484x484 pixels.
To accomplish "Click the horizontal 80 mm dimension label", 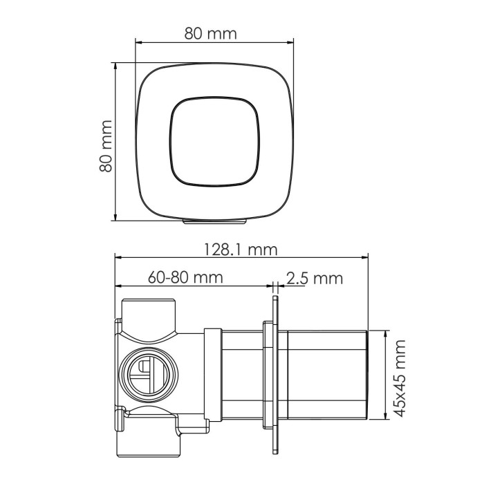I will tap(211, 33).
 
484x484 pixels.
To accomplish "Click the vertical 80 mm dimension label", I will tap(105, 146).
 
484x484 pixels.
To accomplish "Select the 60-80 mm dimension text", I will tap(185, 278).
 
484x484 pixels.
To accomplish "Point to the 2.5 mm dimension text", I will tap(314, 278).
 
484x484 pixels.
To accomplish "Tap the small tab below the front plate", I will tap(214, 222).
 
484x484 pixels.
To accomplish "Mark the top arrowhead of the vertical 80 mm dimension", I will tap(114, 65).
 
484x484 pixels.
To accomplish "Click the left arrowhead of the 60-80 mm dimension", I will tap(118, 286).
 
